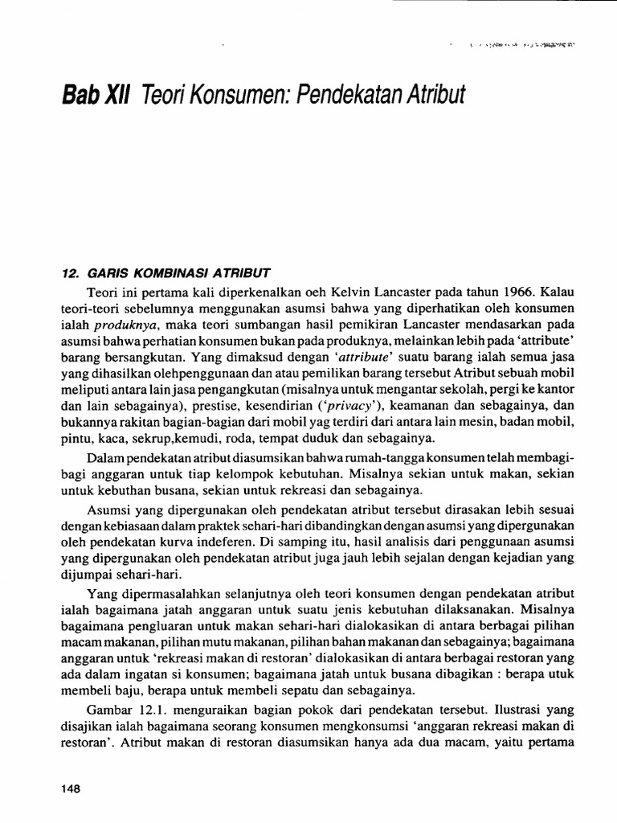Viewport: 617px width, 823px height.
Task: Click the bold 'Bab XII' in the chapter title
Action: pyautogui.click(x=96, y=96)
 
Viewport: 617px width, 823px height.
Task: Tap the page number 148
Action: pyautogui.click(x=72, y=789)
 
